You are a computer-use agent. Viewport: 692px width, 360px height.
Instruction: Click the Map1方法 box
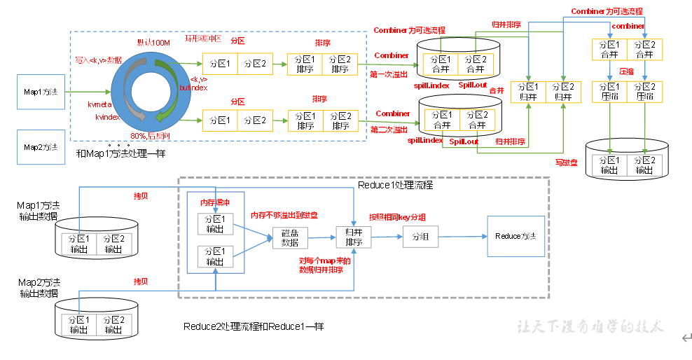(41, 92)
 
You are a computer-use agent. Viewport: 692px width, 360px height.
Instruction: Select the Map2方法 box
(41, 147)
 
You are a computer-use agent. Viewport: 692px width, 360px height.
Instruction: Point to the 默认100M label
(153, 43)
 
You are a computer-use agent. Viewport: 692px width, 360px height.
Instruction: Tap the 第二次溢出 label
(389, 130)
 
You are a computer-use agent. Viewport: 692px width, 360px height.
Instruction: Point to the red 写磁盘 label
(565, 162)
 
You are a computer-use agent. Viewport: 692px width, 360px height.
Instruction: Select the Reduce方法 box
(515, 236)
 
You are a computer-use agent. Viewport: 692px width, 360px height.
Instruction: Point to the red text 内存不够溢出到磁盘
(284, 216)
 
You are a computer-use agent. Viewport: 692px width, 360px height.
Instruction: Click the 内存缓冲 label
(214, 203)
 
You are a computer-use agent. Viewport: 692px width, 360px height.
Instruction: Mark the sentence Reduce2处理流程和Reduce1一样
(254, 326)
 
